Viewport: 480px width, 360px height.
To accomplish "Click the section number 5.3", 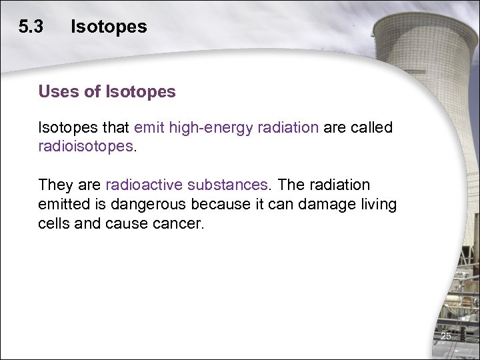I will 31,27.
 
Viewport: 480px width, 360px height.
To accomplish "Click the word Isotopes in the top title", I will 109,27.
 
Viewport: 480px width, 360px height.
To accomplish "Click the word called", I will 371,128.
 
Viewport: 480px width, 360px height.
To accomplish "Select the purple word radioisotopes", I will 86,147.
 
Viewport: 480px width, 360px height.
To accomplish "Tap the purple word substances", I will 227,185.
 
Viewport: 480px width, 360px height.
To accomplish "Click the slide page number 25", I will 445,337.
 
